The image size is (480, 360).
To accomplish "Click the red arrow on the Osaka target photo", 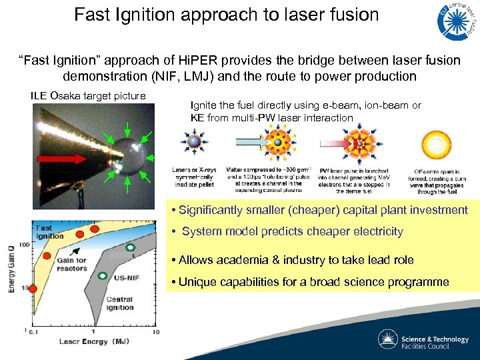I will click(x=62, y=159).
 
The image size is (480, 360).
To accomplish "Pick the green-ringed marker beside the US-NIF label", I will click(x=103, y=275).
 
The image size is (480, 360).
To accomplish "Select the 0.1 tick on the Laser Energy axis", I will click(x=31, y=331).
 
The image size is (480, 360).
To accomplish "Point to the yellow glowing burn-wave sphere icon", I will click(x=437, y=145).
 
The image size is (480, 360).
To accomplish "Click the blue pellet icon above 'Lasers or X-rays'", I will click(x=193, y=144).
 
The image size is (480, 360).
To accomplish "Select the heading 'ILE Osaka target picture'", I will click(x=88, y=96).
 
